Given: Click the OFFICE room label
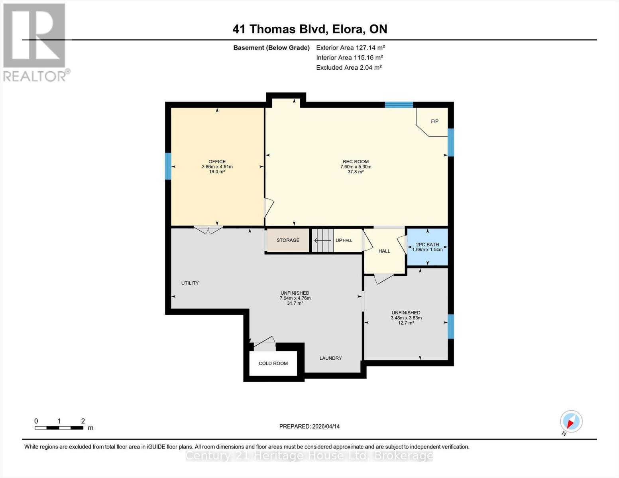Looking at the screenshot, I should pos(217,162).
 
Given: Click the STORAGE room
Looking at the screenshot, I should pos(288,240).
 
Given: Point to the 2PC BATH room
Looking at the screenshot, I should pos(427,247).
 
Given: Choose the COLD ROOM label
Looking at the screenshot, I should pos(273,363).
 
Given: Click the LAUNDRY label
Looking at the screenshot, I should pos(330,358).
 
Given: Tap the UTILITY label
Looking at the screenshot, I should pos(190,283).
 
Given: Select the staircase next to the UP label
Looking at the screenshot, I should pos(322,240).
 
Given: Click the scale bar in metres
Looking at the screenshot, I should pos(59,428).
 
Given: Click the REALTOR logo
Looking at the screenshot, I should pos(35,42).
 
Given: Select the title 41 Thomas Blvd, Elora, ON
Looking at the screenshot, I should pos(310,29).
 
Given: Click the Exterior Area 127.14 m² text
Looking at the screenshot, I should pos(350,47).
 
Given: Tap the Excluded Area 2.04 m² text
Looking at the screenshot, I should pos(349,67).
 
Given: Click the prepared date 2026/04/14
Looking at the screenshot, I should pos(309,426).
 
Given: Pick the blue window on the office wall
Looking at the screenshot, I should pos(168,166).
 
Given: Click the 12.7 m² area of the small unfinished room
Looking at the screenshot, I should pos(406,323).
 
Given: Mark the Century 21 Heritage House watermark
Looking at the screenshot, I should pos(309,456).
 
